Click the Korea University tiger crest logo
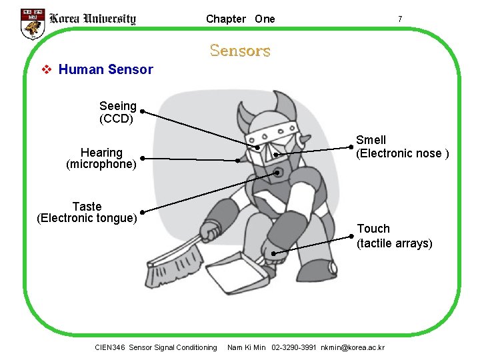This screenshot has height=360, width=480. pos(32,23)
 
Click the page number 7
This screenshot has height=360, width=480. pos(399,19)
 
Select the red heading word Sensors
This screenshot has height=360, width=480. pos(240,51)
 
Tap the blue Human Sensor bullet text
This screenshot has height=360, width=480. pos(105,69)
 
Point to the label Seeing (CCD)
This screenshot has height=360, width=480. pos(117,113)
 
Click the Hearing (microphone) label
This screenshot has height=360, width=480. pos(101,159)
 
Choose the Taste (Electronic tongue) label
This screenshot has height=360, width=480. pos(87,212)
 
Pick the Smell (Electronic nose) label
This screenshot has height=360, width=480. pos(402,147)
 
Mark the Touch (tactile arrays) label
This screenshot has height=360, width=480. pos(394,236)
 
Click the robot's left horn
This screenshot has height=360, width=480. pos(244,113)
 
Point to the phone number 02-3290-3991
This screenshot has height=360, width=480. pos(294,347)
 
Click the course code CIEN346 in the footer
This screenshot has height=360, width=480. pos(110,347)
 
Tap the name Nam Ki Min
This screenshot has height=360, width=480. pos(247,347)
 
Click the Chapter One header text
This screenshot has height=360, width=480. pos(240,19)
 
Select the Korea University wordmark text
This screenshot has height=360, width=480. pos(93,19)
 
